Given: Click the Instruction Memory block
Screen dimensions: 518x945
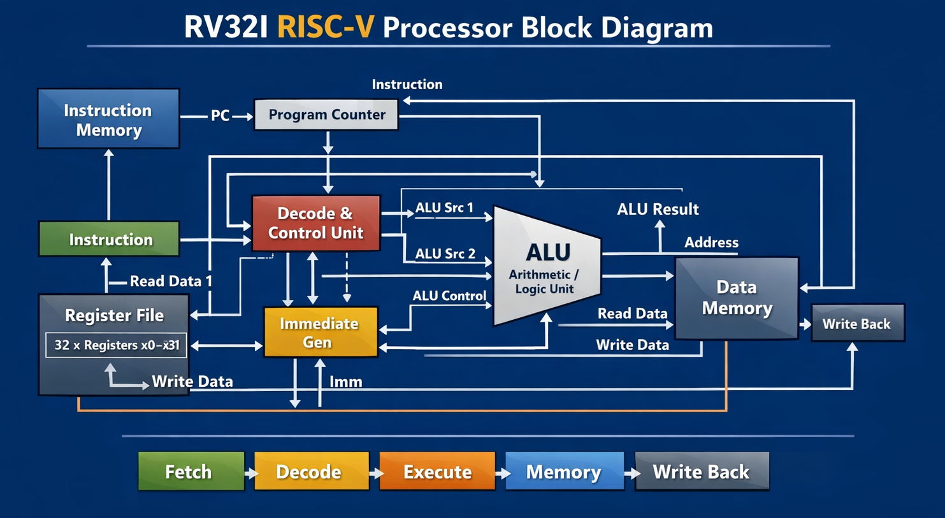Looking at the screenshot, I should [108, 119].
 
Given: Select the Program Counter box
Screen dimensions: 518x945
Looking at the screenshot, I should [326, 115].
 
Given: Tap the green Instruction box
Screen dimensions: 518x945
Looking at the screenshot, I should [110, 240].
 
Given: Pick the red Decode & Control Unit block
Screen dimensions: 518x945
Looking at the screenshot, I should [316, 223].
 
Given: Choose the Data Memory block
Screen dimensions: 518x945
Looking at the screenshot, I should [737, 298].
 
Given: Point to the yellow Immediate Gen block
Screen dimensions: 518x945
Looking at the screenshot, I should [321, 332].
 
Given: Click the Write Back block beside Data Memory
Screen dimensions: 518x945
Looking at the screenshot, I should [857, 324].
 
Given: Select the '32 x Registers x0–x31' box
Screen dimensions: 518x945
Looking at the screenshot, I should [117, 345].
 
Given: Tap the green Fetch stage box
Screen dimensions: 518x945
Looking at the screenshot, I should [191, 471].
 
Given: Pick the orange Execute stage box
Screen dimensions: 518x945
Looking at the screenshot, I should [437, 471].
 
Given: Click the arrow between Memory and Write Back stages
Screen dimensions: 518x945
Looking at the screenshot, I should [631, 473].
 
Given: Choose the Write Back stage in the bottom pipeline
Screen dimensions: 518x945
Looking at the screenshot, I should [702, 471].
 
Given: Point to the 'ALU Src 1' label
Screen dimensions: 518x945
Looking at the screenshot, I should [444, 208].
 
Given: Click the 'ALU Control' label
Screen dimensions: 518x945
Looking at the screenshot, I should [449, 296].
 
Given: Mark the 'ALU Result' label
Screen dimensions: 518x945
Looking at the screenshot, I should [658, 209].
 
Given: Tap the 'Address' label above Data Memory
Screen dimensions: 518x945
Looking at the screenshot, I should [711, 242].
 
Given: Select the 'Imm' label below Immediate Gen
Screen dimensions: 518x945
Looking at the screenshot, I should [346, 382].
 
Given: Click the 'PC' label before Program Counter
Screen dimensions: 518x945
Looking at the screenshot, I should [220, 116].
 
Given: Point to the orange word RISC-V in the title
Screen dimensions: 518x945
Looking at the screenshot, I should [326, 28].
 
